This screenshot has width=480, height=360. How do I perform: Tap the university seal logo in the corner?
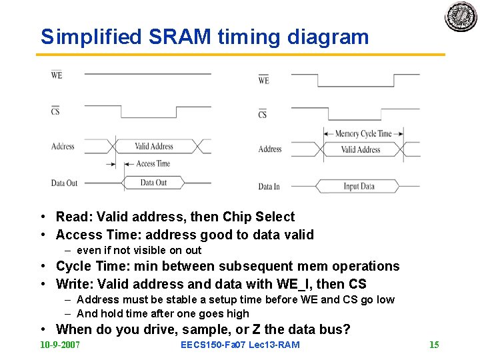click(461, 17)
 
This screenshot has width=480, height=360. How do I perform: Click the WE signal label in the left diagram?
click(57, 75)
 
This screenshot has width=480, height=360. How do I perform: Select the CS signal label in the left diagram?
click(55, 110)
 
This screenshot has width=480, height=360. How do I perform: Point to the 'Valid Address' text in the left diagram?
click(153, 146)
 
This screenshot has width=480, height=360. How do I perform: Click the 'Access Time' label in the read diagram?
click(153, 163)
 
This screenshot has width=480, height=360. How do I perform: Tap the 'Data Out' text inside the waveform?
click(153, 182)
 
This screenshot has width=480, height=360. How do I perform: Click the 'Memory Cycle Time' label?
click(363, 133)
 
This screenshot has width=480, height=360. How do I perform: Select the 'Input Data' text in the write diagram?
click(359, 186)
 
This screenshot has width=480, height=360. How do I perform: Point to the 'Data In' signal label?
click(269, 187)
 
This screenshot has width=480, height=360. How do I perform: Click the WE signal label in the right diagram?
click(263, 80)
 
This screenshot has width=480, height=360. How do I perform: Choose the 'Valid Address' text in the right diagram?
click(361, 149)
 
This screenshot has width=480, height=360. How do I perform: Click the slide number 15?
click(434, 345)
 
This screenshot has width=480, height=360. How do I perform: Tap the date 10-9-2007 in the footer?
click(60, 345)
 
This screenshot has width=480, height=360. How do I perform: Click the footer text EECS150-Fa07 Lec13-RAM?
click(240, 345)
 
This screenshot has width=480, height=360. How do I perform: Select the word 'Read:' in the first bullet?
click(74, 217)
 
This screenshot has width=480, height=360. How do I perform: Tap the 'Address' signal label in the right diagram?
click(270, 149)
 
